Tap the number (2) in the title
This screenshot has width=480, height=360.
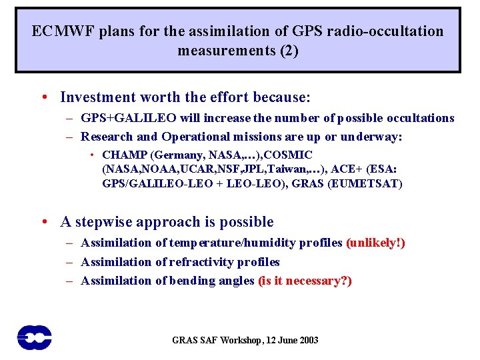point(287,51)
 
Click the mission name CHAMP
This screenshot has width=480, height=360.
point(123,155)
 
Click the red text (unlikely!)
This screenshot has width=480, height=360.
point(375,243)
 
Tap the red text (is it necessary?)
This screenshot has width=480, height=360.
point(305,281)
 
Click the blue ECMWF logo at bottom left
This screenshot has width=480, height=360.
point(35,337)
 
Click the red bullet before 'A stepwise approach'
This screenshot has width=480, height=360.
point(43,223)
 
